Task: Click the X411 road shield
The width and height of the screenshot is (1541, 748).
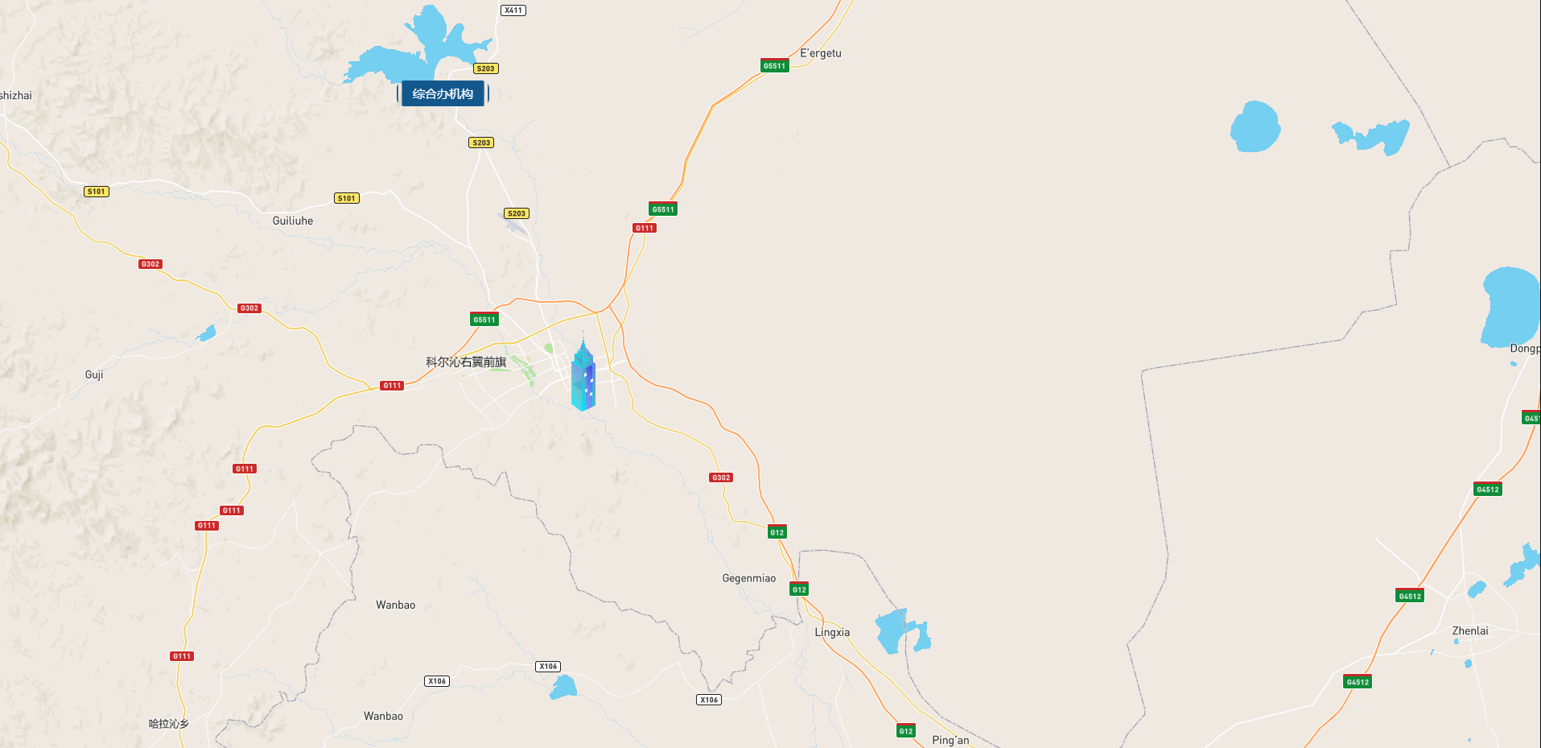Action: (x=513, y=10)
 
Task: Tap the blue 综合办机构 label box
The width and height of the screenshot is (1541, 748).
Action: (x=443, y=93)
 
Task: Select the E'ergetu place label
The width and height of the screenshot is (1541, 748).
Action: (x=820, y=53)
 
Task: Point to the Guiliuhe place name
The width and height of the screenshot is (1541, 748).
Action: (x=292, y=221)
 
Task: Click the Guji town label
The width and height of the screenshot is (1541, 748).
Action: (x=94, y=374)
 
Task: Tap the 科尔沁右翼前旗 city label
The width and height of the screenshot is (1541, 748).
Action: (x=466, y=362)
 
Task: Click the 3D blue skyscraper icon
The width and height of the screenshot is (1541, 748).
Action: (x=583, y=376)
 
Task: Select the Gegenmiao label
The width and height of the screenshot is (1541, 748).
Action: (x=748, y=578)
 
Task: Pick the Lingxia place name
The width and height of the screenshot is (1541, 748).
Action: (x=831, y=632)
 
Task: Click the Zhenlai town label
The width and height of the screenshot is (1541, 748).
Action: (x=1469, y=630)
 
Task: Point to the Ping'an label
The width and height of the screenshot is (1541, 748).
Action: (x=950, y=740)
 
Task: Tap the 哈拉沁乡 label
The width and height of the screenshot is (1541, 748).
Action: (x=168, y=724)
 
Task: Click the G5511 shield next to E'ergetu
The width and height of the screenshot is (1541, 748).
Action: (x=774, y=66)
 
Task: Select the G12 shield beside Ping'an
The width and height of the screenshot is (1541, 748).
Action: (x=906, y=731)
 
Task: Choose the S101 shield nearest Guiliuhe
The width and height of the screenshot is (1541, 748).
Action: (x=346, y=198)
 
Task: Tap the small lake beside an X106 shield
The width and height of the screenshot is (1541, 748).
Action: (x=563, y=688)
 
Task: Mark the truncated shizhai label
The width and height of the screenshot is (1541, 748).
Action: (x=15, y=95)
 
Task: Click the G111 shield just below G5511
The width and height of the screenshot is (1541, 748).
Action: (x=644, y=228)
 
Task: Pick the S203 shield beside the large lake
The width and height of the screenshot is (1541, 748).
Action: (x=485, y=68)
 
